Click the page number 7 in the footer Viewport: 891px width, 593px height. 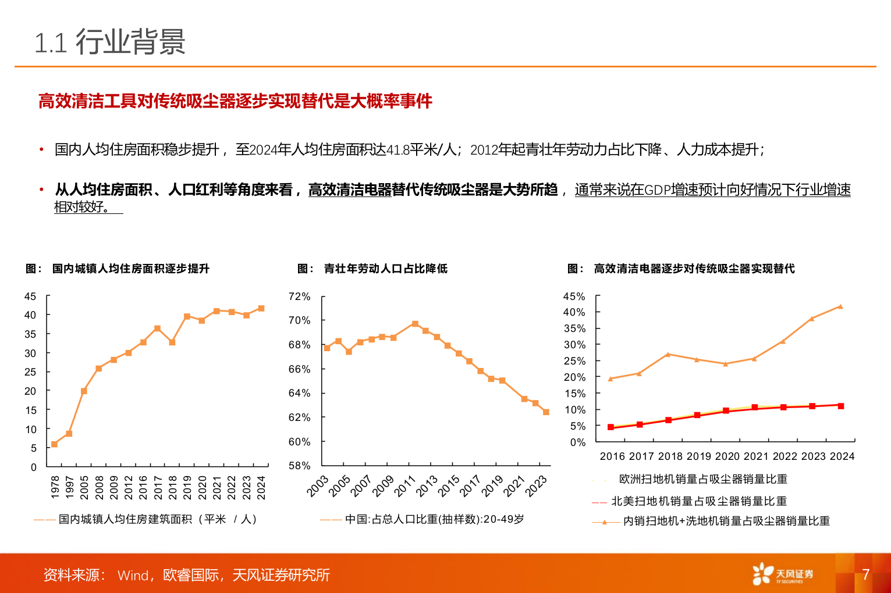865,574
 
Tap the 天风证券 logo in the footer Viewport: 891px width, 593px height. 782,574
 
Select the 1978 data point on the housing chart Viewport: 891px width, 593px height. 54,444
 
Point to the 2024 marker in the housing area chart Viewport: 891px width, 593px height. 261,308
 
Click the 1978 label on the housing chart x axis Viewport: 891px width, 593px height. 55,487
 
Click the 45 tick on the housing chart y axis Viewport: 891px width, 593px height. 30,296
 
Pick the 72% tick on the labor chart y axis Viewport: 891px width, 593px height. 299,296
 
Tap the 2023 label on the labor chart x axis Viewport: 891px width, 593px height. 536,486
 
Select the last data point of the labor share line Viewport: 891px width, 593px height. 546,412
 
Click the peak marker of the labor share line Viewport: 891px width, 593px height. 415,324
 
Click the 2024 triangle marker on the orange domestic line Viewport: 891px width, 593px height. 840,306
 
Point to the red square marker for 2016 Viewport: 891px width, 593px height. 610,427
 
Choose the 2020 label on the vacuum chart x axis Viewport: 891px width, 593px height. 727,456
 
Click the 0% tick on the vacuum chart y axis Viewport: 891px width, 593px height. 578,442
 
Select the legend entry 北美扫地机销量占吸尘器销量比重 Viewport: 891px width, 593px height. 698,501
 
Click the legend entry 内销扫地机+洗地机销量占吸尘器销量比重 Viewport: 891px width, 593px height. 726,521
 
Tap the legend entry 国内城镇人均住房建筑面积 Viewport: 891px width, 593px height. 157,519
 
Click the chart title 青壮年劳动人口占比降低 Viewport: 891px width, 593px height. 385,269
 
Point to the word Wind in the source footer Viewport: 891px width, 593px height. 133,576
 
